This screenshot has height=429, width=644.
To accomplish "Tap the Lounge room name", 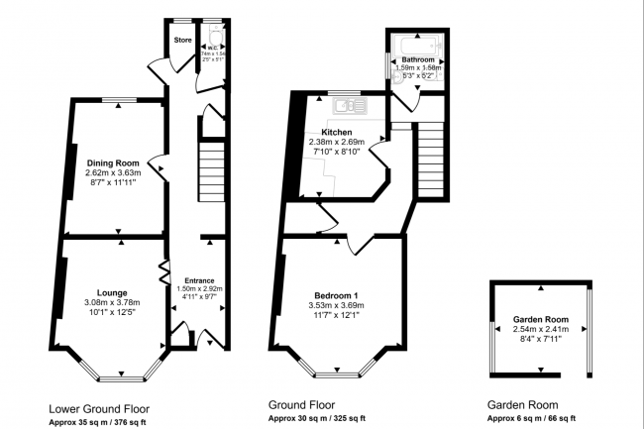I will [112, 292].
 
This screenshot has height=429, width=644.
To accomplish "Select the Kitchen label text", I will [337, 132].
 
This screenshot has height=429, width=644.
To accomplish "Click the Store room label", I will [182, 41].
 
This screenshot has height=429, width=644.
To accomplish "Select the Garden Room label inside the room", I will [540, 320].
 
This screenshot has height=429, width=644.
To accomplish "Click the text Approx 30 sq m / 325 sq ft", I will [317, 419].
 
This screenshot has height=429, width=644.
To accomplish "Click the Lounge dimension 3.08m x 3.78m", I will [112, 303].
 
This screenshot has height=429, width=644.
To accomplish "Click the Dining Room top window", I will [120, 98].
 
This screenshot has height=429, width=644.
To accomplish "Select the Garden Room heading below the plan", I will [522, 405].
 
